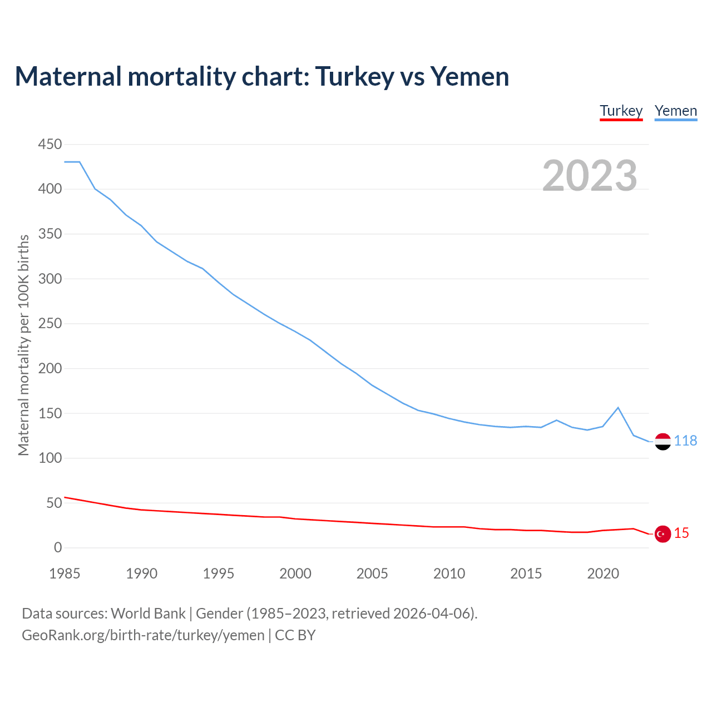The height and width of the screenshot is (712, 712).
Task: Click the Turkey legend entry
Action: (621, 111)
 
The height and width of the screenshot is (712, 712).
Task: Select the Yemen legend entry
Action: (675, 111)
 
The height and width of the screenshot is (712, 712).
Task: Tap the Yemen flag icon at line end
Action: (662, 441)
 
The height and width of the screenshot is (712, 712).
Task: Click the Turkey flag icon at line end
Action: (662, 534)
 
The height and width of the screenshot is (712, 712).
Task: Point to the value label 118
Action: (685, 441)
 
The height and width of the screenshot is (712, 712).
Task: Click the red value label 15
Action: (681, 533)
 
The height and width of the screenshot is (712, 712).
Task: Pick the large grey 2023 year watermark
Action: (590, 176)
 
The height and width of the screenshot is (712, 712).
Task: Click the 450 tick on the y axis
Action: (50, 145)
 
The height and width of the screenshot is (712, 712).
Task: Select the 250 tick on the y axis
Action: (50, 324)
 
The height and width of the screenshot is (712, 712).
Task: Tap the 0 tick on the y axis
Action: (58, 548)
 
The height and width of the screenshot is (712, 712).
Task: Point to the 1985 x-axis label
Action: (65, 573)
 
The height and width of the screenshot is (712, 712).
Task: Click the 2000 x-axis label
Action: (295, 573)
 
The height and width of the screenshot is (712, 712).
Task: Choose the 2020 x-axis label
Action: (603, 573)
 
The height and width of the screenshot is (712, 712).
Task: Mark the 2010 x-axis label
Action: (449, 573)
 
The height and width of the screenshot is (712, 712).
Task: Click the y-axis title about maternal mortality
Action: (23, 345)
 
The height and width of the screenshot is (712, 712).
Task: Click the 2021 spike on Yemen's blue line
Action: (618, 408)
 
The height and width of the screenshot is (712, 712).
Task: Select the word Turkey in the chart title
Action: (355, 77)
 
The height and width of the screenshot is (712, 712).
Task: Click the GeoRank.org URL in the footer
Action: (143, 635)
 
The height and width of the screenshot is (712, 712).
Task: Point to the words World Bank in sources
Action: (148, 614)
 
